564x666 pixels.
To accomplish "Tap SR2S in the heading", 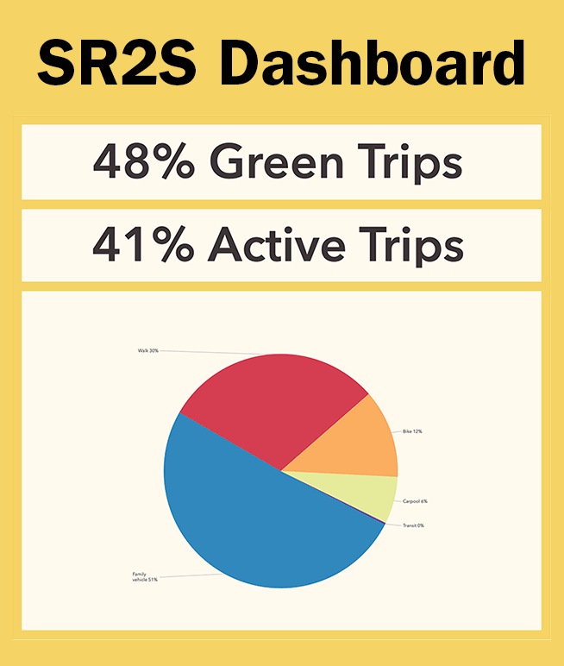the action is [116, 63].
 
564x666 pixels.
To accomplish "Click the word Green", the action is [277, 161].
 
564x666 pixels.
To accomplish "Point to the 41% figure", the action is [143, 244].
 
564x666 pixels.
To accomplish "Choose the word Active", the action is [277, 244].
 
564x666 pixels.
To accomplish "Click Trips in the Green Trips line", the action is [410, 164].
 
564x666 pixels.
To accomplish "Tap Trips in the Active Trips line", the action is [411, 247].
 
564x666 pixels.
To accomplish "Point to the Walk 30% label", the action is [147, 351].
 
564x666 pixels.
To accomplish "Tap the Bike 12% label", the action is [412, 431].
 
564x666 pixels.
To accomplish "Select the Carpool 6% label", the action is [415, 501].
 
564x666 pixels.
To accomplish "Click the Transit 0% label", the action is [413, 525].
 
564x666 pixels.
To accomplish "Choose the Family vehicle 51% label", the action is [145, 577].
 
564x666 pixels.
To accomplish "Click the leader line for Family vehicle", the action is [191, 575].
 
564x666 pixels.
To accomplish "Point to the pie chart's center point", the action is [281, 471].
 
